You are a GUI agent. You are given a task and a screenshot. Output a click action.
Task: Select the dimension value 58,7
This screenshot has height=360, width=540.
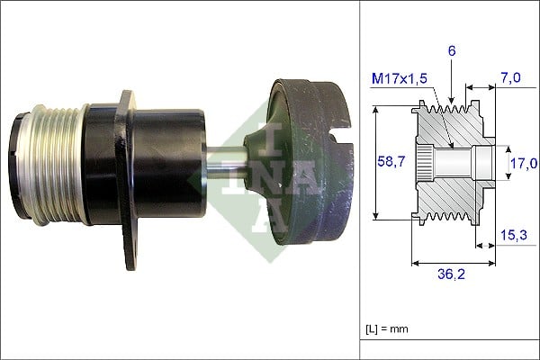pyautogui.click(x=391, y=162)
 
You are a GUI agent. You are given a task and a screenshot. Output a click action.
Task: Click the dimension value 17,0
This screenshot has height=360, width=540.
pyautogui.click(x=521, y=163)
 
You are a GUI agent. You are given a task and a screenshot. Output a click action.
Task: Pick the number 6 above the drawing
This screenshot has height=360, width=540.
pyautogui.click(x=452, y=51)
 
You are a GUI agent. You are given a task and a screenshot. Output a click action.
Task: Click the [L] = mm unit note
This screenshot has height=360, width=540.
pyautogui.click(x=388, y=328)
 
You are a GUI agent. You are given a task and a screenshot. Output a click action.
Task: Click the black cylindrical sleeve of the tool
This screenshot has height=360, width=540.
pyautogui.click(x=171, y=162)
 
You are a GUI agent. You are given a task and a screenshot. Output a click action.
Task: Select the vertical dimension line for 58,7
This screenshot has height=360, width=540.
pyautogui.click(x=375, y=162)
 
